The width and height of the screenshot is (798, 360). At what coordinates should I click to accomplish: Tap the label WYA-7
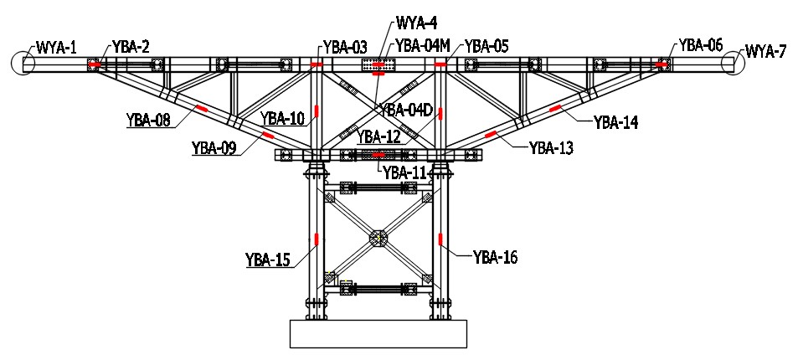[x=765, y=52]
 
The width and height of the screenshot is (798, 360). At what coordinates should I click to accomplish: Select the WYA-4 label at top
[x=416, y=23]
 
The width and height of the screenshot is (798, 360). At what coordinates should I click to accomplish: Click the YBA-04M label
[x=424, y=45]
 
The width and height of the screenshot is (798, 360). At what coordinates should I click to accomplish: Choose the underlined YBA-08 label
[x=148, y=121]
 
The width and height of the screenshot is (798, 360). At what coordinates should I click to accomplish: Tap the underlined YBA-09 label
[x=214, y=148]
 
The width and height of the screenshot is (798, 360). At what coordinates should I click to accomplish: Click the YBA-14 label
[x=615, y=122]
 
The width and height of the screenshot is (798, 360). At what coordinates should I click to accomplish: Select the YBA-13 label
[x=551, y=148]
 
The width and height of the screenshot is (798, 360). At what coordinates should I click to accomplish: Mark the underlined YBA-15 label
[x=268, y=260]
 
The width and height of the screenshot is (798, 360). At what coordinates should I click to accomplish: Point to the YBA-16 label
[x=495, y=257]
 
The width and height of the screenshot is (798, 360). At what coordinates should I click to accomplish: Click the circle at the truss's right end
[x=734, y=63]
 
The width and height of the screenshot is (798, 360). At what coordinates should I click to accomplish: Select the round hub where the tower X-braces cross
[x=378, y=239]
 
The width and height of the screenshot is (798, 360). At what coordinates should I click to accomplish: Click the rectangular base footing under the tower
[x=378, y=333]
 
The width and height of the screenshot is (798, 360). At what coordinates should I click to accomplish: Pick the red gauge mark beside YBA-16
[x=440, y=240]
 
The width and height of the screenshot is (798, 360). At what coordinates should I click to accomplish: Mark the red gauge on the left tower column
[x=317, y=239]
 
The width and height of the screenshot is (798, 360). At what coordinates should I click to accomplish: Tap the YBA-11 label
[x=405, y=172]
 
